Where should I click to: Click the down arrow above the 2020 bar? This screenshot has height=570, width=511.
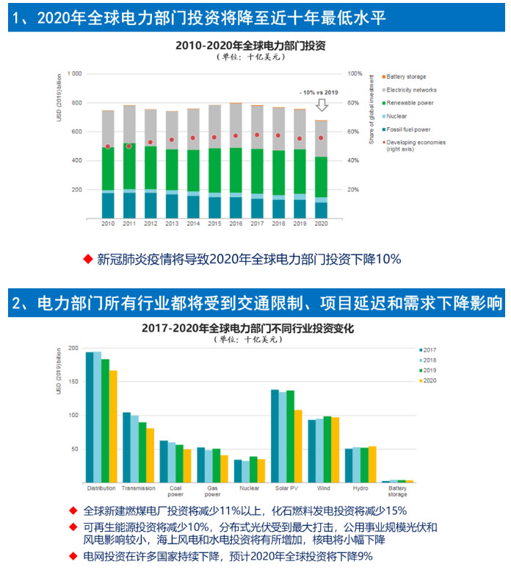(321, 106)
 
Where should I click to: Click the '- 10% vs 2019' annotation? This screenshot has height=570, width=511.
(319, 92)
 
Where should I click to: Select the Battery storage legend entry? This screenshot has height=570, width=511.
(405, 76)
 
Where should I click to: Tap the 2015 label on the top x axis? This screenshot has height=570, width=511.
(214, 223)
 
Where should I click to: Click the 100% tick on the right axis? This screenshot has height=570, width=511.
(355, 74)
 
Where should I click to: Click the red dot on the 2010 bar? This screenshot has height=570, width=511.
(108, 146)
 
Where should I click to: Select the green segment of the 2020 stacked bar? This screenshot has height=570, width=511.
(321, 177)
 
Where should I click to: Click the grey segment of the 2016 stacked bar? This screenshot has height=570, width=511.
(236, 125)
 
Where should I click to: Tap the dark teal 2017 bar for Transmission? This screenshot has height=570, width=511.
(126, 447)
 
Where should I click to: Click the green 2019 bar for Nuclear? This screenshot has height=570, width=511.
(253, 469)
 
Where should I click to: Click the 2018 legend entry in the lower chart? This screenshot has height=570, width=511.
(427, 360)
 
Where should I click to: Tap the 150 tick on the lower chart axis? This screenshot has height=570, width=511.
(73, 382)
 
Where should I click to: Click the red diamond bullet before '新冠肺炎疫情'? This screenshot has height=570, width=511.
(88, 258)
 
